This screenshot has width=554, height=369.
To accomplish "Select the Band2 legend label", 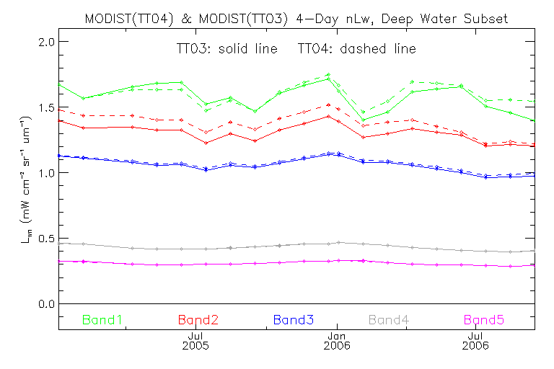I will coord(200,319).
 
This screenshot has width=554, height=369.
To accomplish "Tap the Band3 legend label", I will coord(293,319).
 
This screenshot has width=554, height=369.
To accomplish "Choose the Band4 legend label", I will coord(392,319).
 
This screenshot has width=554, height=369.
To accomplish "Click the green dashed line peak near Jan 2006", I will coord(328,74).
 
